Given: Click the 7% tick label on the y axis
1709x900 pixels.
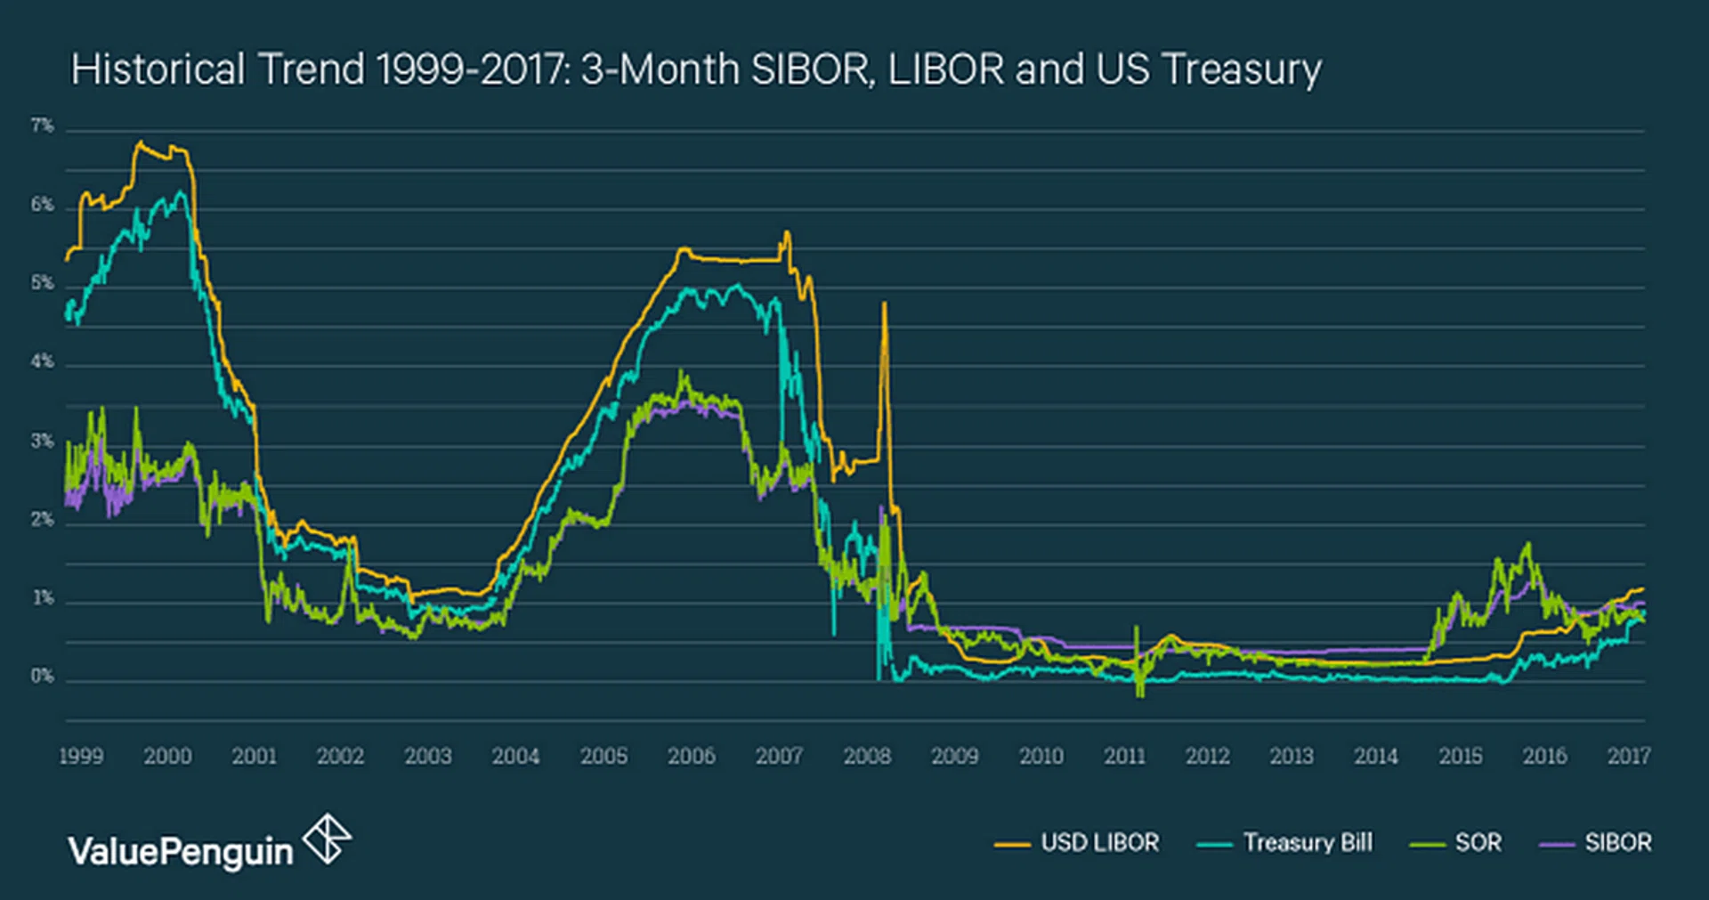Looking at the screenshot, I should tap(42, 126).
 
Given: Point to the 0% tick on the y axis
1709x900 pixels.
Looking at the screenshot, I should tap(42, 676).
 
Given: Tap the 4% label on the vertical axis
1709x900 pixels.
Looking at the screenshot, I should tap(42, 361).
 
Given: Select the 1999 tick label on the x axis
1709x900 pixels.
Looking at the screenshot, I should tap(81, 756).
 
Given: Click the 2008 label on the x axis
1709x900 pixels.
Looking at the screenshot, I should tap(867, 756).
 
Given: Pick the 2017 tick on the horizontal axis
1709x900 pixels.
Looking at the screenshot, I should tap(1628, 756).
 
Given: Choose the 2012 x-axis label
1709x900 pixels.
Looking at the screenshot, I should tap(1207, 756).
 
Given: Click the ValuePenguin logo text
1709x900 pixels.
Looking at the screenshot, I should tap(181, 852).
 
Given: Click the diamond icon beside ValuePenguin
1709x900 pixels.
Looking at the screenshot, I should tap(327, 838).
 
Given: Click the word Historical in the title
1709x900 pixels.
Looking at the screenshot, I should tap(158, 69).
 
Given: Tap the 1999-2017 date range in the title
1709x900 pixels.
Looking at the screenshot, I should tap(473, 69).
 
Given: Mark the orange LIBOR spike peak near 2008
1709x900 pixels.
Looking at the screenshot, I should tap(884, 304).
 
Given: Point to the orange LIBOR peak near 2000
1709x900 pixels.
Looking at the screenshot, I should tap(139, 142).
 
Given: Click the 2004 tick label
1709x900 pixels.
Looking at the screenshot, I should tap(515, 756).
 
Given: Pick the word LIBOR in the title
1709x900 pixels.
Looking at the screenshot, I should tap(945, 69).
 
